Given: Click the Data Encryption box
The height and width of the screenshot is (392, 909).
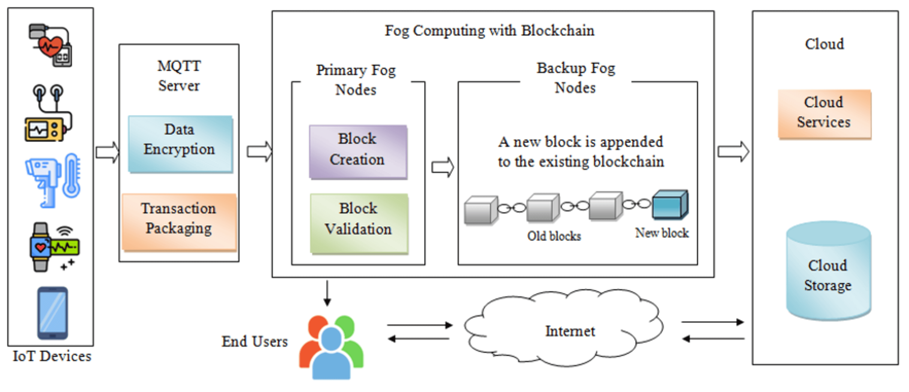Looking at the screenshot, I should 180,144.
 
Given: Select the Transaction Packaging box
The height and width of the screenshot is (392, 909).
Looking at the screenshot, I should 179,222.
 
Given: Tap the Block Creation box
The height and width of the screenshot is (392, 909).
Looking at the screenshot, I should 358,152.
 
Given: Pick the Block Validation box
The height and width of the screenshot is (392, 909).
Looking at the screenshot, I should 359,223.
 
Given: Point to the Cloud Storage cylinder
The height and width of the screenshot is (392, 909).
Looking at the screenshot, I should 828,272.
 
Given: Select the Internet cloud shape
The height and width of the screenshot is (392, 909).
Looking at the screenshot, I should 564,328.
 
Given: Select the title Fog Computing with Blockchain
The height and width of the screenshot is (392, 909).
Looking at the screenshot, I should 489,31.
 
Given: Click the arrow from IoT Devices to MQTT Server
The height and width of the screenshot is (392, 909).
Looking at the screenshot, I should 107,152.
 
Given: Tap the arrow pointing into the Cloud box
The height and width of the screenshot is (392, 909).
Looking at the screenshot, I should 733,152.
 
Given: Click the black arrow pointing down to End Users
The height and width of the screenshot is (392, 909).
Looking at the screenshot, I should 327,293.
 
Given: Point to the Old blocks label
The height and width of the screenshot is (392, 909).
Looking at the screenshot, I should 554,236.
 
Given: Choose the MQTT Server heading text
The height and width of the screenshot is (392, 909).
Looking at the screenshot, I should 179,75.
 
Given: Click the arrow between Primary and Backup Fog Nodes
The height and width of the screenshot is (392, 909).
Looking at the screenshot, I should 442,167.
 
